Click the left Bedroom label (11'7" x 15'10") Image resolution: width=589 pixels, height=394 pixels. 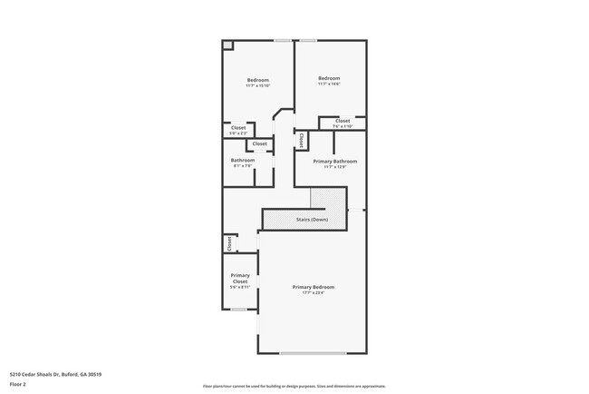point(258,83)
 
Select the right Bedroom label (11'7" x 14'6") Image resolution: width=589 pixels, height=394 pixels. point(329,81)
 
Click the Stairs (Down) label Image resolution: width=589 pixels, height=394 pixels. point(313,220)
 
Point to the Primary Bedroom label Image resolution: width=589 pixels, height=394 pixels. point(313,289)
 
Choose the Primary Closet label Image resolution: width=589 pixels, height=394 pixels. point(240,281)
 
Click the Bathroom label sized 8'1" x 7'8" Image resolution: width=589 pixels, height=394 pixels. point(243,163)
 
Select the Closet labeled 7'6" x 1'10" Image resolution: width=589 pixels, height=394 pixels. point(343,123)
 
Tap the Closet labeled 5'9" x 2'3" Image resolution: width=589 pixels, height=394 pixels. point(238,130)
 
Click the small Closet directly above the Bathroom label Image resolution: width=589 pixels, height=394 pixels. point(260,143)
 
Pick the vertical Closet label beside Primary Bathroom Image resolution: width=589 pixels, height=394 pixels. point(301,140)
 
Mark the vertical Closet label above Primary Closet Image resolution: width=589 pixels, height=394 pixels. point(229,243)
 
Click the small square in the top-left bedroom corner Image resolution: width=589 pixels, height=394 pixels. point(228,45)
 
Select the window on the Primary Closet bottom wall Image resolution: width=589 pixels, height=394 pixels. point(239,310)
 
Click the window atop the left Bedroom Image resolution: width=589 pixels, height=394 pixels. point(284,40)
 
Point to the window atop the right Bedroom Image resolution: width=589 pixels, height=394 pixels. point(309,40)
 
